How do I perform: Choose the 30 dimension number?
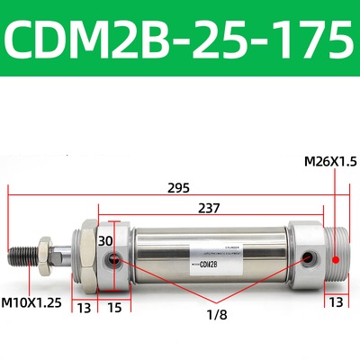coord(105,241)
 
